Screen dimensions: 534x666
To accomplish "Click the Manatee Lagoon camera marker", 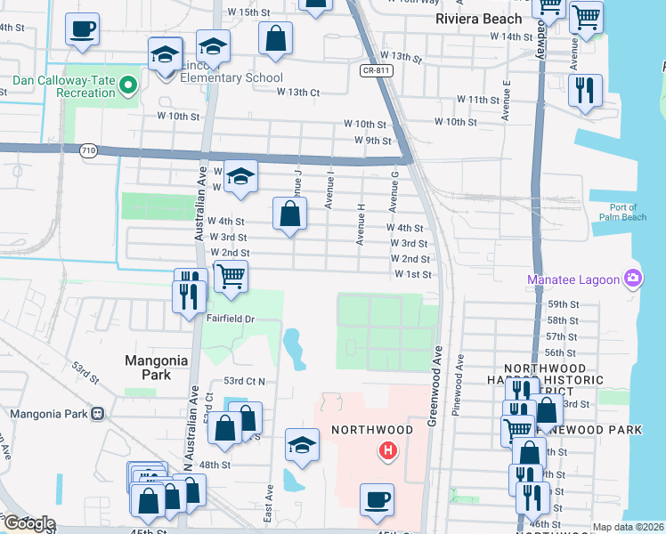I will click(633, 279).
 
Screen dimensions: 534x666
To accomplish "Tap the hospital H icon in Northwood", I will click(387, 451).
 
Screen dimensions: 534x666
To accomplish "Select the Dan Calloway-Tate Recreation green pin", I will click(128, 85).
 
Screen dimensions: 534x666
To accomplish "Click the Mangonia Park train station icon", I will click(97, 414).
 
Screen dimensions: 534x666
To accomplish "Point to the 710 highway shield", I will click(87, 151).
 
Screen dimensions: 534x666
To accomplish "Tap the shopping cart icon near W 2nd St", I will click(231, 276).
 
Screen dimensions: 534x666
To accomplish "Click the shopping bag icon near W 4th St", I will click(289, 214).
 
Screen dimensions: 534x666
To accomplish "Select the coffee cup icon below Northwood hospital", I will click(377, 499).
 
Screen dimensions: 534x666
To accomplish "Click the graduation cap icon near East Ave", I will click(303, 444).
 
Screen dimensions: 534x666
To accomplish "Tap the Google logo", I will click(28, 523).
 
